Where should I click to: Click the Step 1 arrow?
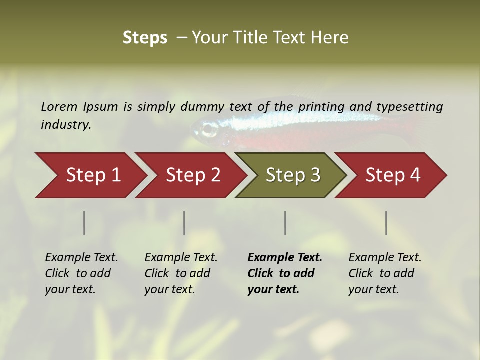(x=92, y=175)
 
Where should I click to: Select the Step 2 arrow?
(x=192, y=175)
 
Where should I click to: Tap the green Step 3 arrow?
(x=292, y=175)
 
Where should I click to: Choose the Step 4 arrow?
(x=392, y=175)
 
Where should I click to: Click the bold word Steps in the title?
(x=145, y=38)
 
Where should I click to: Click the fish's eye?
(x=208, y=129)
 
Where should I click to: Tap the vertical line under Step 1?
(x=84, y=223)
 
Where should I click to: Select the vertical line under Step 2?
(x=184, y=223)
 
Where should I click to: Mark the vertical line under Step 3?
(x=285, y=223)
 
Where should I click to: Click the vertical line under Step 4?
(x=386, y=223)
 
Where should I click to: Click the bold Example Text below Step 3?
(x=285, y=258)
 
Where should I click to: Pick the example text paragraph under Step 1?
(x=81, y=273)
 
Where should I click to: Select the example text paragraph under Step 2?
(x=181, y=273)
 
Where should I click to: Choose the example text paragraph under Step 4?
(x=385, y=273)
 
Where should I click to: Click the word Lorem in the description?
(x=59, y=107)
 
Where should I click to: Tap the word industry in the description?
(x=66, y=125)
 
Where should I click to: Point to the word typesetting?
(x=409, y=107)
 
